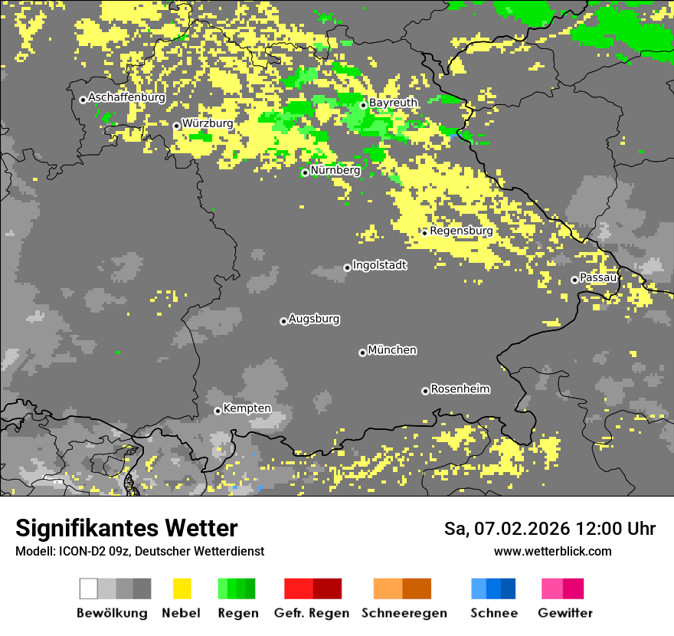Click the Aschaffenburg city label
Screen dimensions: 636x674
[x=126, y=97]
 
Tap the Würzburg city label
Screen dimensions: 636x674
[x=208, y=123]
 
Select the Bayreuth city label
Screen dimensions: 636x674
[x=393, y=103]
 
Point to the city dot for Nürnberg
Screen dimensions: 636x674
[x=305, y=172]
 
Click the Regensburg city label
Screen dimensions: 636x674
[x=461, y=230]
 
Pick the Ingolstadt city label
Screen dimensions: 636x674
[x=379, y=265]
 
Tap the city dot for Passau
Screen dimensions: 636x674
[x=574, y=280]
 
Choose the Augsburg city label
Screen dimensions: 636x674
[x=314, y=319]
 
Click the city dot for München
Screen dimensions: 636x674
[x=362, y=352]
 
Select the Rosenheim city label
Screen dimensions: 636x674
[x=460, y=388]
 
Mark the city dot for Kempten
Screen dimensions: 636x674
[x=218, y=411]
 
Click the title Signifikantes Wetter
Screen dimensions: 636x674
[x=126, y=528]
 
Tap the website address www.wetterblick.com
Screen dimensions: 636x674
[x=552, y=551]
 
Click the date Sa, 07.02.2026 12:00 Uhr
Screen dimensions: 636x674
[x=549, y=529]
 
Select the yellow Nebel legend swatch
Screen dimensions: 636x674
[x=182, y=588]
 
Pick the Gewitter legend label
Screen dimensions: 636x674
[x=564, y=613]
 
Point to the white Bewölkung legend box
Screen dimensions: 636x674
[x=88, y=588]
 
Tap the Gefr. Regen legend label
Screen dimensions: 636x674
[x=312, y=613]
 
